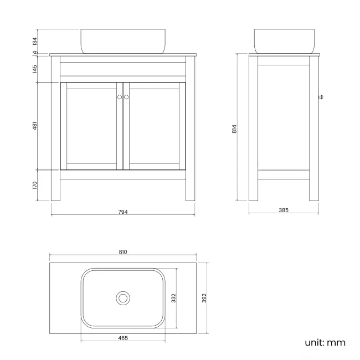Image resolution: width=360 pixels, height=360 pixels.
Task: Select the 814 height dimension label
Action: [234, 128]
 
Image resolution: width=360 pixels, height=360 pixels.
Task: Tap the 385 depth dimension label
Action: [284, 210]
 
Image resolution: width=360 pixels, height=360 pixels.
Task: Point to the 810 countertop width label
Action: [123, 252]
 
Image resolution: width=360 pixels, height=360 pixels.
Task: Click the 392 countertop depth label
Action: [204, 298]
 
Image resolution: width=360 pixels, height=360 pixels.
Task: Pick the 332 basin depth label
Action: [173, 298]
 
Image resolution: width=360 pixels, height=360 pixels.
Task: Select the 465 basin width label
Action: [123, 337]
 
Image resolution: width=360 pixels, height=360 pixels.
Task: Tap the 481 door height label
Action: [34, 126]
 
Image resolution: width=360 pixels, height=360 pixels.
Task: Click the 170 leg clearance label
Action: [34, 184]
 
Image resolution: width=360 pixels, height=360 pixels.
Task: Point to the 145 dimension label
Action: [34, 69]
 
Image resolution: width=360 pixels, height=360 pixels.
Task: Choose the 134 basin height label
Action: [34, 41]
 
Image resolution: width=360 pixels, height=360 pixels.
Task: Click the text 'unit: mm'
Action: [325, 342]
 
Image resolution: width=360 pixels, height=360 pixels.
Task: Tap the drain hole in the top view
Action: [123, 298]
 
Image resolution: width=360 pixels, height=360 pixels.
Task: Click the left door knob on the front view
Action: [119, 97]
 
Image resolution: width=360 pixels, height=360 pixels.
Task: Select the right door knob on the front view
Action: [126, 97]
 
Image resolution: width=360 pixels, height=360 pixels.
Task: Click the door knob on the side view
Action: [321, 97]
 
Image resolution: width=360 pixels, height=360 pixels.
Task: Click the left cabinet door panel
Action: [91, 126]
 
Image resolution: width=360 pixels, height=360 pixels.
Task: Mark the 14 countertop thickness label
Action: [34, 54]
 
